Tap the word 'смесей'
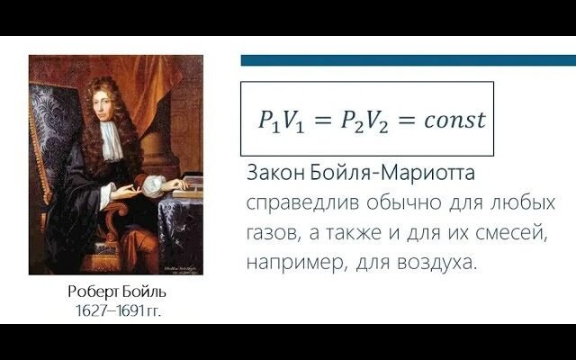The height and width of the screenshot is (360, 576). click(513, 234)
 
